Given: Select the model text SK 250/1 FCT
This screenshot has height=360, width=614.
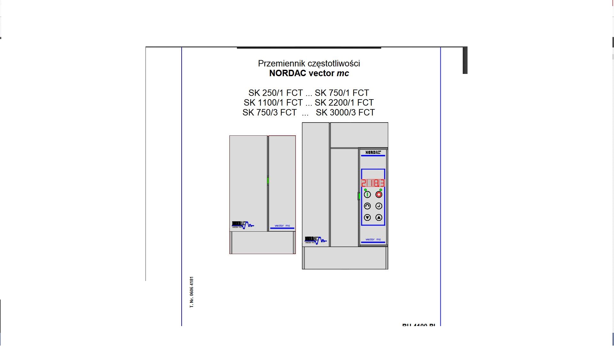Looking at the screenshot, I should pos(275,93).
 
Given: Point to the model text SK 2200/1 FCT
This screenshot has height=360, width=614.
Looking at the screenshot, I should pos(344,103).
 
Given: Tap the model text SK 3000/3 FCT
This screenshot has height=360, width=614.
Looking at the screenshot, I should pos(345,113).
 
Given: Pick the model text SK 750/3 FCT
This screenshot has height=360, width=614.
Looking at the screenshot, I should pos(270,113).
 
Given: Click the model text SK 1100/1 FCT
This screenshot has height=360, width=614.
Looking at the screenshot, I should pos(273,103).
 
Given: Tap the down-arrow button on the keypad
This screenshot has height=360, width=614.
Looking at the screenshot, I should pos(367,218).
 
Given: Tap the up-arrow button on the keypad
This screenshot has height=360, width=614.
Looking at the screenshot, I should pos(379,218).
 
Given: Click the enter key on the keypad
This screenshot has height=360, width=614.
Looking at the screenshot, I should pos(379,206).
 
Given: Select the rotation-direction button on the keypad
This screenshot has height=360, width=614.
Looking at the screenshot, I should pos(367,206).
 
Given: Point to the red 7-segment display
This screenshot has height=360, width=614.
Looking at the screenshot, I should pos(373,183).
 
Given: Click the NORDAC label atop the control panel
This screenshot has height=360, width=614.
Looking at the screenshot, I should pos(373,152).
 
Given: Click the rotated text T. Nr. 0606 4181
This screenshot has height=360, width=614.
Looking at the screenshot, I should pos(192,292).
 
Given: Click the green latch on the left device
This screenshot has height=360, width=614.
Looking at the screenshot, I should pos(268,180).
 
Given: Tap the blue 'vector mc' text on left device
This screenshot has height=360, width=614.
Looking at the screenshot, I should pos(282,226).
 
